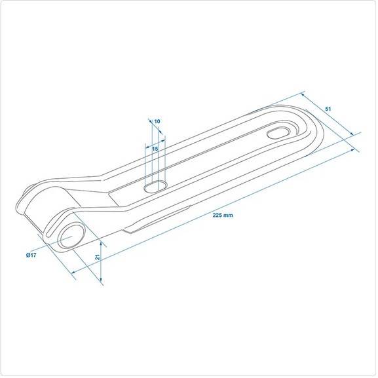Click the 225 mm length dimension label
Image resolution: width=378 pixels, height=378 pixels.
(223, 215)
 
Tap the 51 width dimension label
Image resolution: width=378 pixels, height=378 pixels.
(328, 109)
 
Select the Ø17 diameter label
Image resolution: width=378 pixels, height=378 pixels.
(31, 255)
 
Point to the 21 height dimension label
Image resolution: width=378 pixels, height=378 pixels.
(98, 257)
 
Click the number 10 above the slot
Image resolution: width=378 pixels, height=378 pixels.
(157, 121)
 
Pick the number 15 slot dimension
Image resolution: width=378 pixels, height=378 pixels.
(155, 149)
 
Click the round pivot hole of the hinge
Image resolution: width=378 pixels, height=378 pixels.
(73, 236)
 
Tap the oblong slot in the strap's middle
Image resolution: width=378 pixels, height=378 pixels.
(156, 186)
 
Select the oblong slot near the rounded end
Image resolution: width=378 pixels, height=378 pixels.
(278, 133)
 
